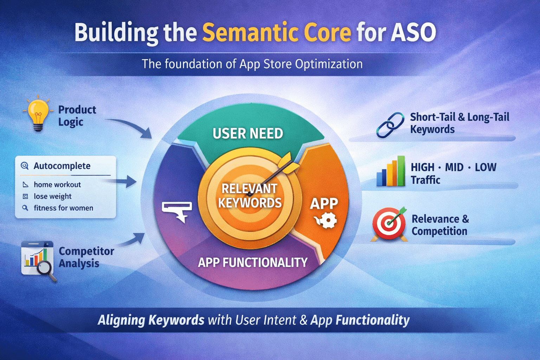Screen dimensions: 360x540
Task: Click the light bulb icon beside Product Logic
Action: pyautogui.click(x=38, y=114)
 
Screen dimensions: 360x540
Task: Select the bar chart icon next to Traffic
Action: pyautogui.click(x=391, y=172)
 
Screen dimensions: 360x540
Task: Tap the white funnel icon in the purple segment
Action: pyautogui.click(x=178, y=211)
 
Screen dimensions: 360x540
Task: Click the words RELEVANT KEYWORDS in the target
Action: pyautogui.click(x=250, y=196)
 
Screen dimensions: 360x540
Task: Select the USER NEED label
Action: pyautogui.click(x=248, y=134)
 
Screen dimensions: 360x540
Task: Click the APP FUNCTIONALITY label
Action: pyautogui.click(x=252, y=262)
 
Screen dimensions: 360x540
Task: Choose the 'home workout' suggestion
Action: pyautogui.click(x=57, y=185)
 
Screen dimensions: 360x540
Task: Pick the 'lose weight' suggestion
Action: pyautogui.click(x=52, y=196)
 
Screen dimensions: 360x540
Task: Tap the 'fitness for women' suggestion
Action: pyautogui.click(x=63, y=208)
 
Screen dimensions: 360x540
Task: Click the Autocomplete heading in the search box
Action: pyautogui.click(x=62, y=166)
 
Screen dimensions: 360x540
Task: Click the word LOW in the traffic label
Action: pyautogui.click(x=486, y=167)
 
